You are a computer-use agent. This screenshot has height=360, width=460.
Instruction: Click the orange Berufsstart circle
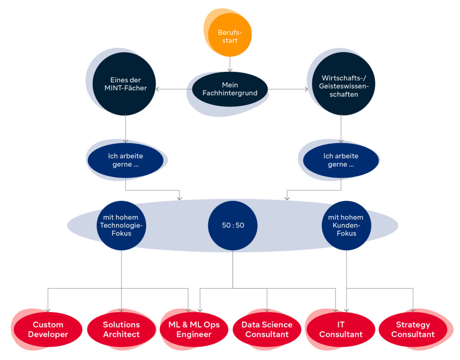[x=230, y=36]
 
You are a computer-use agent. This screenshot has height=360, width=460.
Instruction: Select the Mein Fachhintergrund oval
[x=230, y=89]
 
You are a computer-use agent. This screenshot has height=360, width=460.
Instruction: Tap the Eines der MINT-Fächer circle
[x=124, y=84]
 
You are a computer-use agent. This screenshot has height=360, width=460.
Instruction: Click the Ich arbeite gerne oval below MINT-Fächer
[x=125, y=160]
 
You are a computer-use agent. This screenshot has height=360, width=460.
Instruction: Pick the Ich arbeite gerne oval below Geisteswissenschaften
[x=341, y=160]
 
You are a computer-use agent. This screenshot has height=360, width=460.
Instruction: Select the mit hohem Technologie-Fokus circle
[x=121, y=226]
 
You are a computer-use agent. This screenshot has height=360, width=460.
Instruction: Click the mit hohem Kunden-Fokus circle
[x=346, y=226]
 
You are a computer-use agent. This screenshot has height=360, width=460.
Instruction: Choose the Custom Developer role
[x=48, y=329]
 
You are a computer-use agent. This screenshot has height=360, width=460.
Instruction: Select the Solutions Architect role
[x=121, y=329]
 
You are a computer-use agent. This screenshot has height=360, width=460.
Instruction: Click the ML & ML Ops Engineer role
[x=194, y=329]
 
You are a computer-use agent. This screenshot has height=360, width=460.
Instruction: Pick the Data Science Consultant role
[x=267, y=329]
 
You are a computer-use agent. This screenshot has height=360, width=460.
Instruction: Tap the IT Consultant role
[x=340, y=329]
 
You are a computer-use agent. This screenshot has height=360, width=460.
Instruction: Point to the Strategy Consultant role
[x=413, y=329]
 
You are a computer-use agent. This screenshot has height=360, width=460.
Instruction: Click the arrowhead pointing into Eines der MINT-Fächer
[x=158, y=89]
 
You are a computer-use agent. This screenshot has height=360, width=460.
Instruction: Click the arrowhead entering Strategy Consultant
[x=413, y=310]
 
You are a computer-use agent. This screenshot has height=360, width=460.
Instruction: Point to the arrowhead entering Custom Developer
[x=48, y=310]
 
